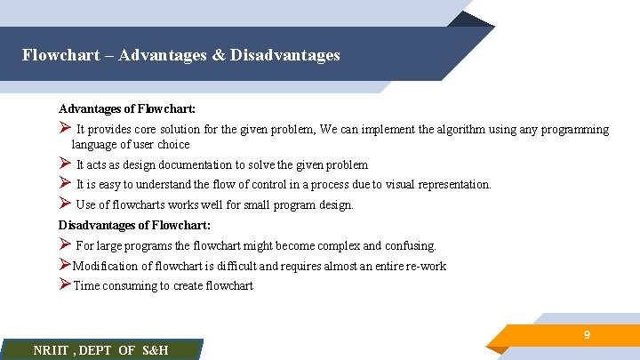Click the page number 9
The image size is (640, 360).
(587, 335)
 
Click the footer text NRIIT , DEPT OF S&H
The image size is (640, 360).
(100, 350)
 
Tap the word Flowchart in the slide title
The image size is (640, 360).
(54, 55)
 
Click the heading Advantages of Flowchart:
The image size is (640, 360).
(127, 108)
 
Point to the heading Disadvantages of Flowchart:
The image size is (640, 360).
(134, 225)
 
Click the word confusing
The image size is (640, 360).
(409, 245)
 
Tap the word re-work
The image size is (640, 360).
(425, 266)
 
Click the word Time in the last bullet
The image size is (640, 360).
(87, 285)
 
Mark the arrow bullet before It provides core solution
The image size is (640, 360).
(65, 129)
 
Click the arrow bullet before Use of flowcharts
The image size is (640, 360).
(65, 204)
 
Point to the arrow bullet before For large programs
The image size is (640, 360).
(65, 244)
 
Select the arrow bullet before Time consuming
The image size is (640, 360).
(65, 284)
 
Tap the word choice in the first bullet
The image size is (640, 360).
(173, 144)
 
